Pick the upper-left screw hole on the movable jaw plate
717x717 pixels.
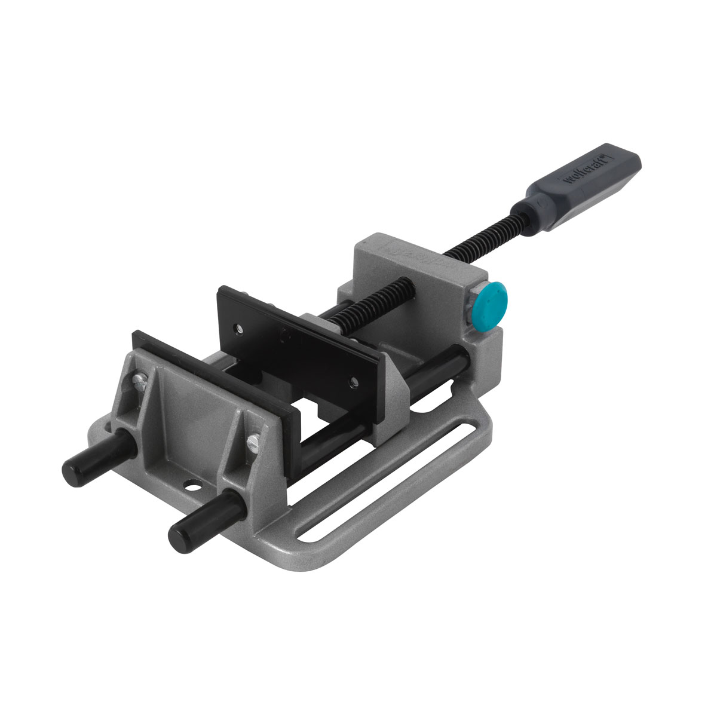240,327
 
